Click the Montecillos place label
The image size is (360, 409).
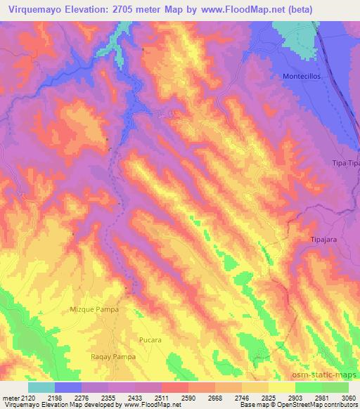[x=301, y=76]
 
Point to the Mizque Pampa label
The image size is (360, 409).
[x=94, y=309]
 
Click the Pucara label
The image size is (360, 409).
[x=150, y=340]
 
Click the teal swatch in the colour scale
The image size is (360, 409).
[x=41, y=387]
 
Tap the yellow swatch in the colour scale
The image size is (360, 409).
[x=281, y=387]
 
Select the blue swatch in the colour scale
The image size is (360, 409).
[x=68, y=387]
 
